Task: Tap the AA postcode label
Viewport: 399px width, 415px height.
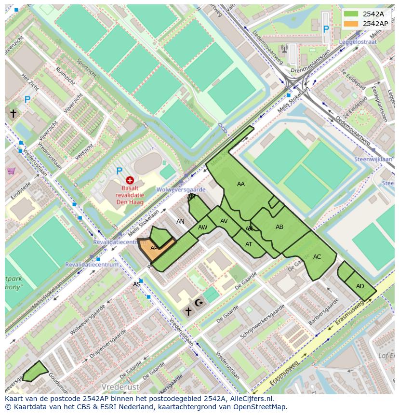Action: coord(241,184)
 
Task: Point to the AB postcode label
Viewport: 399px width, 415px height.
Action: coord(279,227)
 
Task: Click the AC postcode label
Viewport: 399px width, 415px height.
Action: coord(317,257)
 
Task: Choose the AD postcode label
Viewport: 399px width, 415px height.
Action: coord(360,286)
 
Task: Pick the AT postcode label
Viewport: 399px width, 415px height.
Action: coord(249,244)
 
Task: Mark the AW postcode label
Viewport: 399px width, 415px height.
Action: coord(203,228)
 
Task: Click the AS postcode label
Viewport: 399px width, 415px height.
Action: coord(137,284)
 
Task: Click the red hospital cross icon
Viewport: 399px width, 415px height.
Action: coord(130,180)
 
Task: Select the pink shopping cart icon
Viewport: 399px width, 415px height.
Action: coord(11,171)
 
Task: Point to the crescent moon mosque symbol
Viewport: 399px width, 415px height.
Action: coord(199,303)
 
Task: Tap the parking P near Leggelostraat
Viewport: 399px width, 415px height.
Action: coord(326,30)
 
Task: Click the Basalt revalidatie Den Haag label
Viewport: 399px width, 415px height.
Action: coord(129,195)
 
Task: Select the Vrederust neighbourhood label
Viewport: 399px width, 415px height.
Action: coord(120,387)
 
